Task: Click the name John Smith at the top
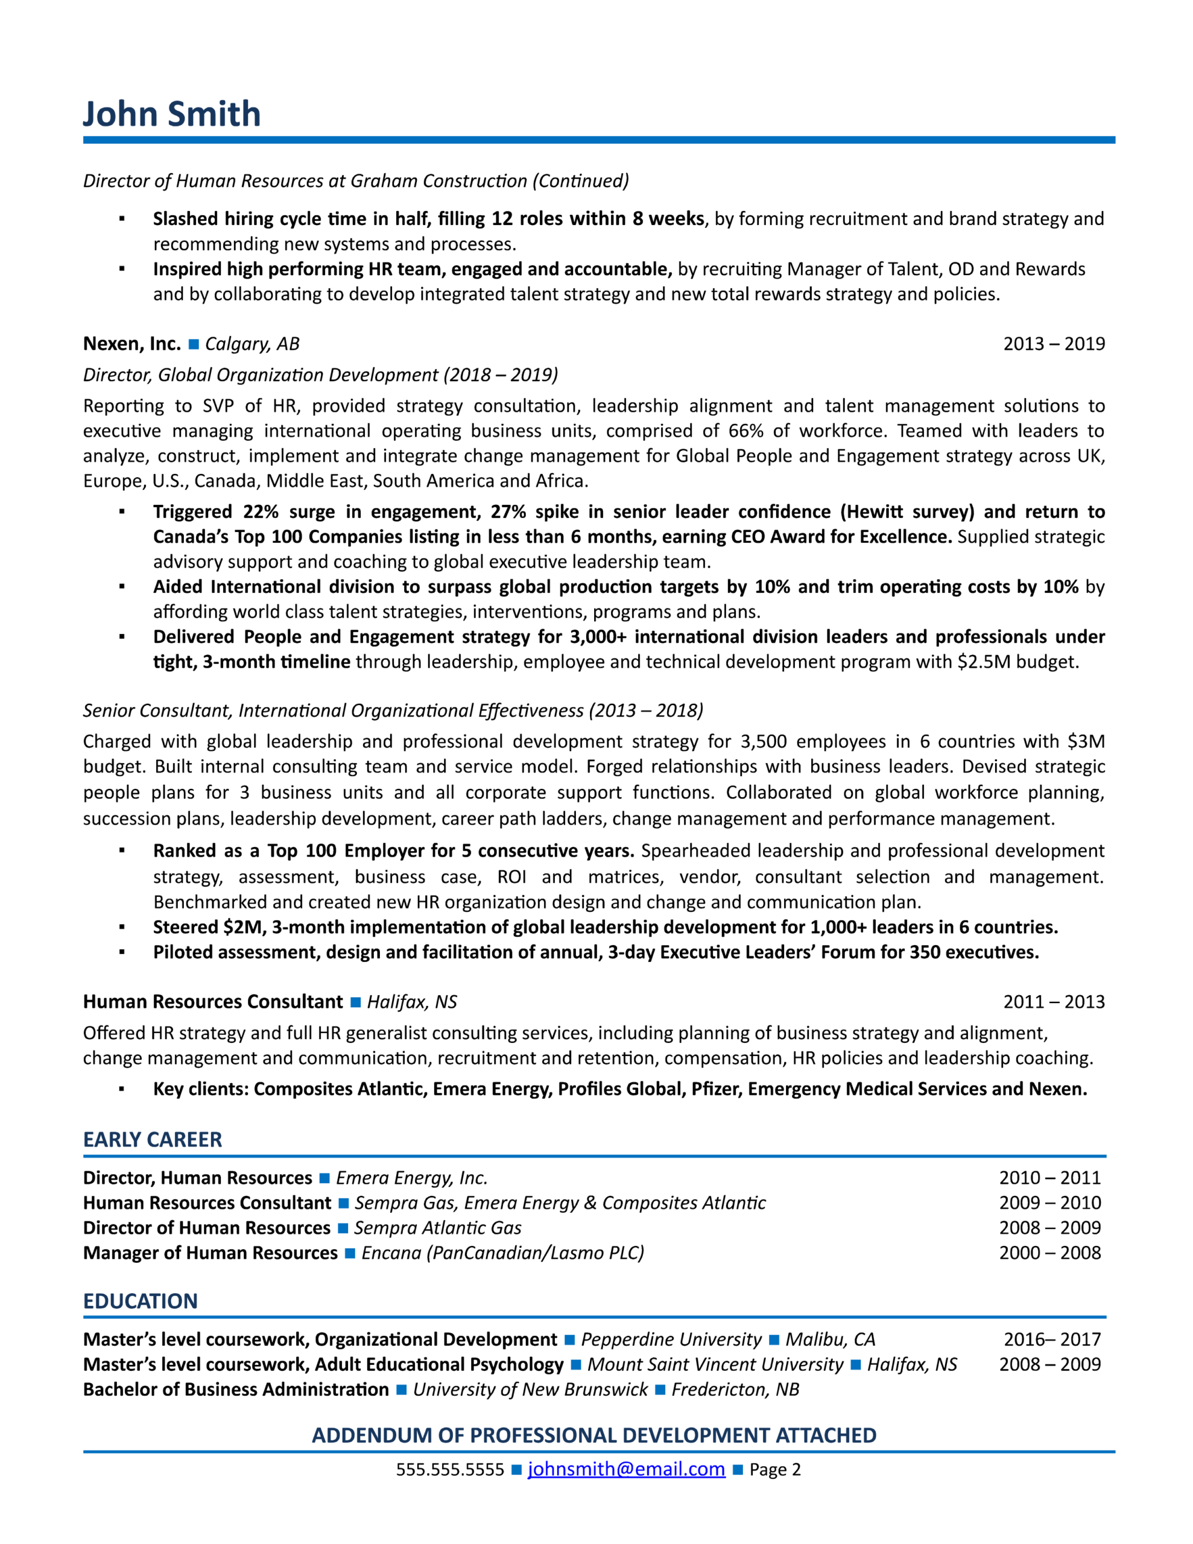[172, 114]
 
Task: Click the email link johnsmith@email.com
[626, 1469]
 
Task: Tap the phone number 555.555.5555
[450, 1470]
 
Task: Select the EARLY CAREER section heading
[153, 1140]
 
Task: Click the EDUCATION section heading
[140, 1301]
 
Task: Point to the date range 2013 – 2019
[1054, 344]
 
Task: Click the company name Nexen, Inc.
[132, 344]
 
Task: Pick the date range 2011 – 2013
[1054, 1002]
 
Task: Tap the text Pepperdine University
[671, 1340]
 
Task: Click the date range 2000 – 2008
[1049, 1253]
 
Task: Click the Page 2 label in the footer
[774, 1470]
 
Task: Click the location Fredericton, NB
[735, 1389]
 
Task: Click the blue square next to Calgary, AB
[193, 344]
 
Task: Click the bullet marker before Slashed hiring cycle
[122, 219]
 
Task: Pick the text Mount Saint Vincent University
[715, 1364]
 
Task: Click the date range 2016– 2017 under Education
[1052, 1340]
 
